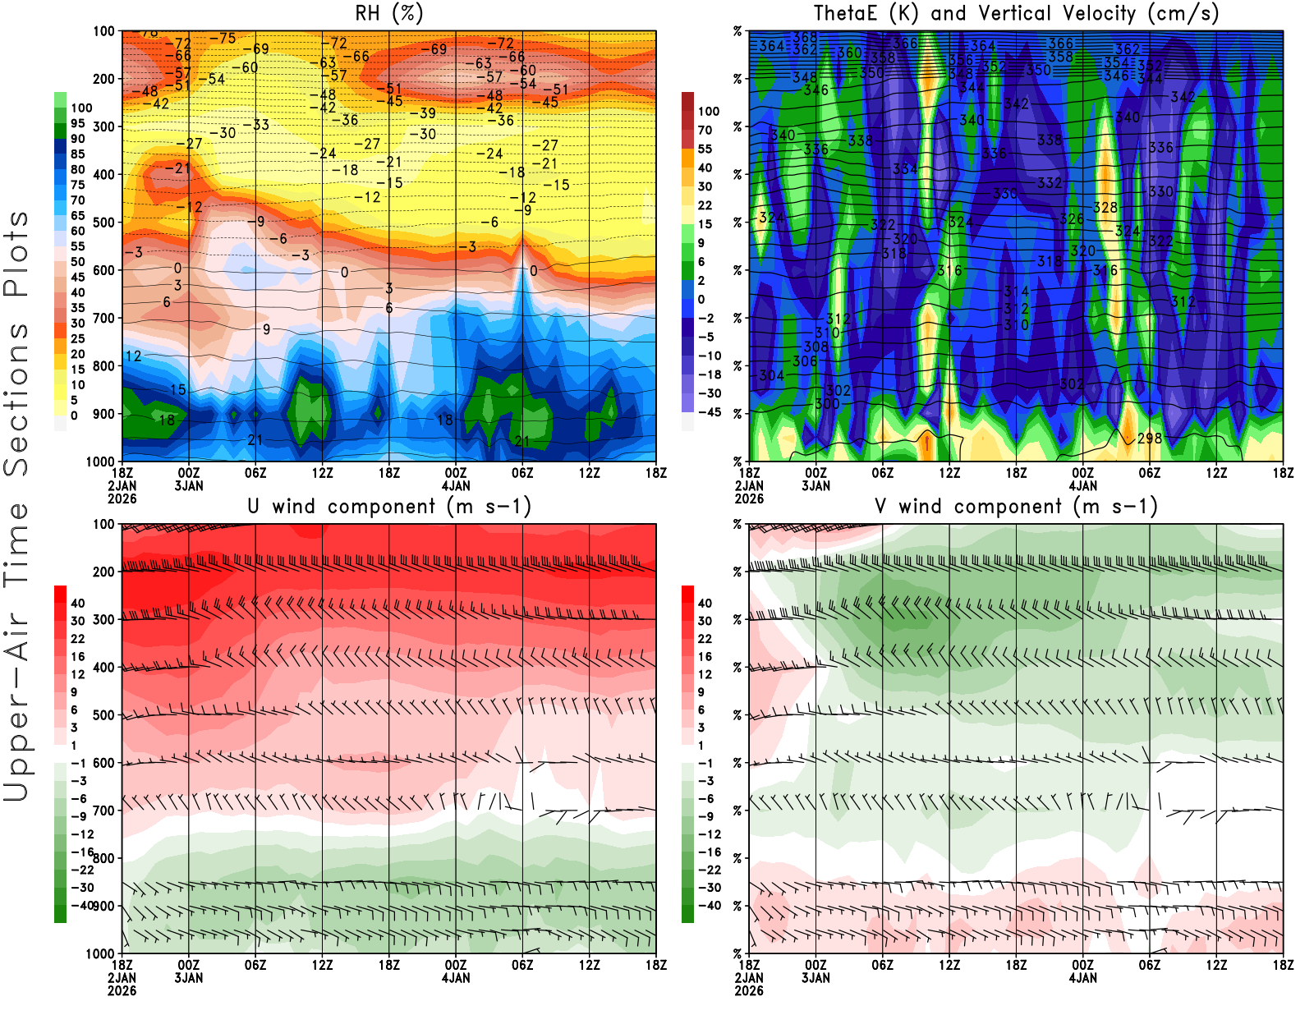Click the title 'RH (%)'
tap(388, 13)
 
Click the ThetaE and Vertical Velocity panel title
tap(1016, 13)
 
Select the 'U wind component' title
tap(388, 506)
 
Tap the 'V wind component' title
tap(1016, 506)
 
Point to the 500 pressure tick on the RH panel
tap(103, 223)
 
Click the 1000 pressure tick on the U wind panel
tap(100, 953)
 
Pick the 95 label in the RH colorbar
tap(77, 123)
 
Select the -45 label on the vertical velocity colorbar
tap(709, 412)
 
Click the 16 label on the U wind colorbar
tap(77, 656)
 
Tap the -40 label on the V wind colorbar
tap(709, 906)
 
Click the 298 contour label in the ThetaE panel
tap(1149, 439)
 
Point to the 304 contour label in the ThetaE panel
tap(771, 375)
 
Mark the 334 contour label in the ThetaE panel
tap(905, 168)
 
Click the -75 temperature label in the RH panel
tap(222, 39)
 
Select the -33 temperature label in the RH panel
tap(260, 125)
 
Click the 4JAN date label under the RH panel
tap(456, 485)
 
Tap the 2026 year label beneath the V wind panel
tap(749, 990)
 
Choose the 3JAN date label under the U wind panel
tap(189, 977)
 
